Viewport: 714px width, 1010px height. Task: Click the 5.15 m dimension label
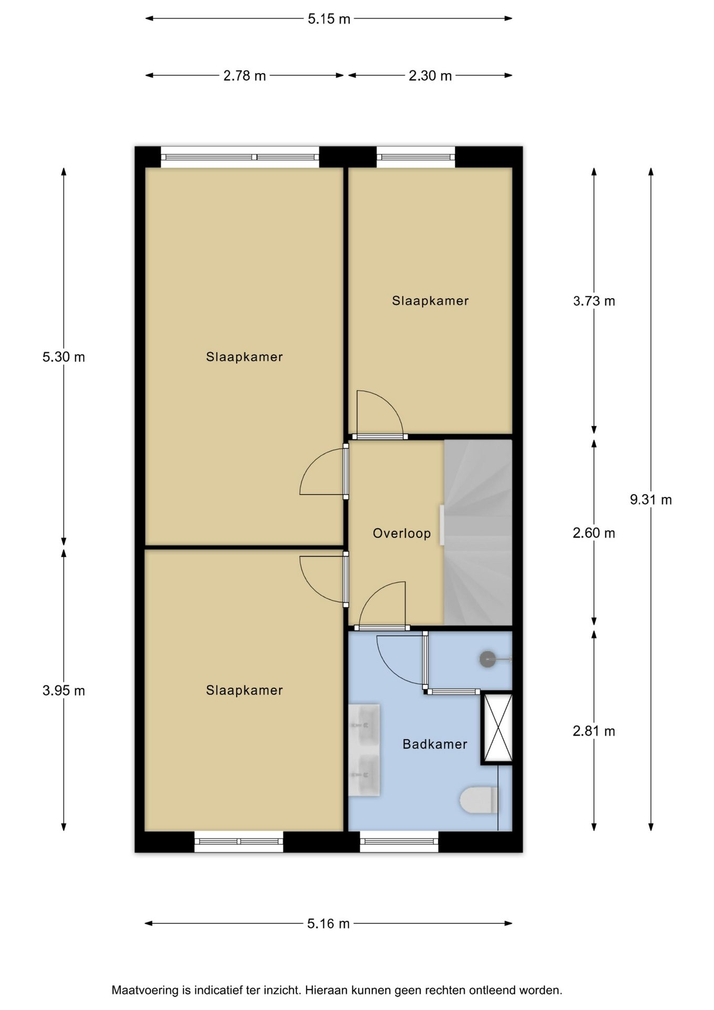329,19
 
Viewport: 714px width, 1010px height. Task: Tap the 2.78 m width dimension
244,76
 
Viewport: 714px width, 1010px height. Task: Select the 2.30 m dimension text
430,76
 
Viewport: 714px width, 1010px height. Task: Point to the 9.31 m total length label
651,500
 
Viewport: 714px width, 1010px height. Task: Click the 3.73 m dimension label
594,301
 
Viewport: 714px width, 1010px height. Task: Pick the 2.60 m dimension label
594,533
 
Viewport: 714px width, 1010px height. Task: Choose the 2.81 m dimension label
594,731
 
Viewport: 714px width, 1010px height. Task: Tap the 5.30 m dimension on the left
64,357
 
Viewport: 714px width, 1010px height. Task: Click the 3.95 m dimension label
64,690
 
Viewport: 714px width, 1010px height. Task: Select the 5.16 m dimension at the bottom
329,924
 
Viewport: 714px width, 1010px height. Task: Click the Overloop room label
402,533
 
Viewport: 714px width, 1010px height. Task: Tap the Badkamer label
435,744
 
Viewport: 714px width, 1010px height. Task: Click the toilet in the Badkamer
479,800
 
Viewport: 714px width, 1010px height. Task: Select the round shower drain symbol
488,659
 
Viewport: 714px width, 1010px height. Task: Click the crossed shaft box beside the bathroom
497,728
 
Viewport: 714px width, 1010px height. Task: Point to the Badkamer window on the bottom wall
399,842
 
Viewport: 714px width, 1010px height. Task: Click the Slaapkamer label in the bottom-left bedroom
244,690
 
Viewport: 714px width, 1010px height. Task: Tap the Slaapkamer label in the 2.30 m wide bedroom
430,300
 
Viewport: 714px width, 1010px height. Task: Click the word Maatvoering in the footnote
145,991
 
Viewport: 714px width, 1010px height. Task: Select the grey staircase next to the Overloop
478,532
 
